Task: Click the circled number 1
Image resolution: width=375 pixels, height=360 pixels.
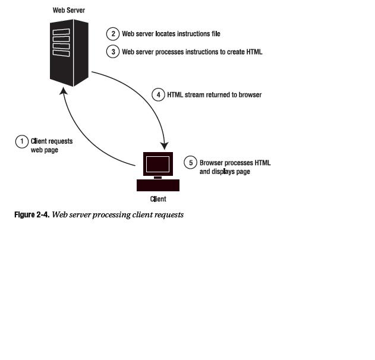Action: click(22, 141)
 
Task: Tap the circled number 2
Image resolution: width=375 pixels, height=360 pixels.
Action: click(113, 34)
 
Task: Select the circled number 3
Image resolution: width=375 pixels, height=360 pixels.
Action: click(113, 52)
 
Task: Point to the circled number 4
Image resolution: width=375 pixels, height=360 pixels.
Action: click(158, 94)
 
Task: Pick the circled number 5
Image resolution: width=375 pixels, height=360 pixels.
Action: click(191, 163)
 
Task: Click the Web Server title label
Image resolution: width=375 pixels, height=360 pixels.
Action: click(68, 10)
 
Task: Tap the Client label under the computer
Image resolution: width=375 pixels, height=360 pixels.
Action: click(158, 199)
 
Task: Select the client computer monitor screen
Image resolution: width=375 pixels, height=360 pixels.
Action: click(157, 163)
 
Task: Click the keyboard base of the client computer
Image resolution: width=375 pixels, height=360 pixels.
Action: click(157, 185)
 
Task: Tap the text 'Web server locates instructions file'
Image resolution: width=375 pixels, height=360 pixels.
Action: click(171, 34)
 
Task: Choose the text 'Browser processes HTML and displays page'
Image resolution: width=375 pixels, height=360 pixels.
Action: click(235, 167)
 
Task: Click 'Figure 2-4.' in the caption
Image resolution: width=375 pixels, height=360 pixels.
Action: click(31, 214)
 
